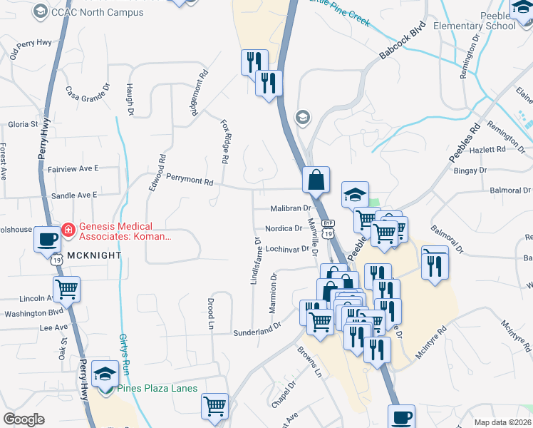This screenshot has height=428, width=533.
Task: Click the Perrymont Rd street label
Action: (190, 182)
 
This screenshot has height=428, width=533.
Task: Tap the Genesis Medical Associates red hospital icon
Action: (68, 230)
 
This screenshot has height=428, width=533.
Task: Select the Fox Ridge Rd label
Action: (225, 140)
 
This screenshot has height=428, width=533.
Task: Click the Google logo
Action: (24, 419)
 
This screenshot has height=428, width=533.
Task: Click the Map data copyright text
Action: (502, 422)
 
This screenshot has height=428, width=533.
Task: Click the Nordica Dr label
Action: (284, 229)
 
